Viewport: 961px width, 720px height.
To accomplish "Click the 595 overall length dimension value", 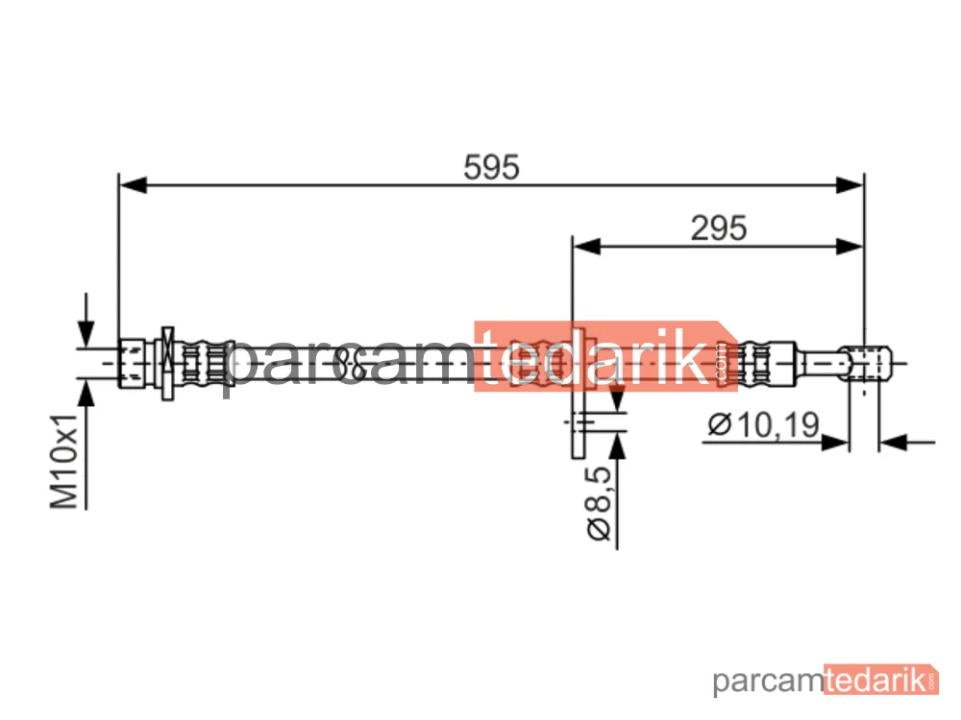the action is coord(491,167).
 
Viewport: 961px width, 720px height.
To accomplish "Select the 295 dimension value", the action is coord(718,228).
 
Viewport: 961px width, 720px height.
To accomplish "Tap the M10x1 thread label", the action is coord(64,462).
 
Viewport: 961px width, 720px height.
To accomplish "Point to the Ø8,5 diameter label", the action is coord(600,503).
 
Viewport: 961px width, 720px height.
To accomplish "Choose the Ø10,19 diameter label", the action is coord(763,424).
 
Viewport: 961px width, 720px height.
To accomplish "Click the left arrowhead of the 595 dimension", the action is coord(133,184).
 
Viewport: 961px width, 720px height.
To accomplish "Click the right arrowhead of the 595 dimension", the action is coord(850,184).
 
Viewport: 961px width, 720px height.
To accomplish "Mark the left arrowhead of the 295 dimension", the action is coord(586,247).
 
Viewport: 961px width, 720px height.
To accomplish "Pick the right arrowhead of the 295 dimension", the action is coord(850,247).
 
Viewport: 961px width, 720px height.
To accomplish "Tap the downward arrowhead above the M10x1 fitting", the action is coord(86,334).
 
